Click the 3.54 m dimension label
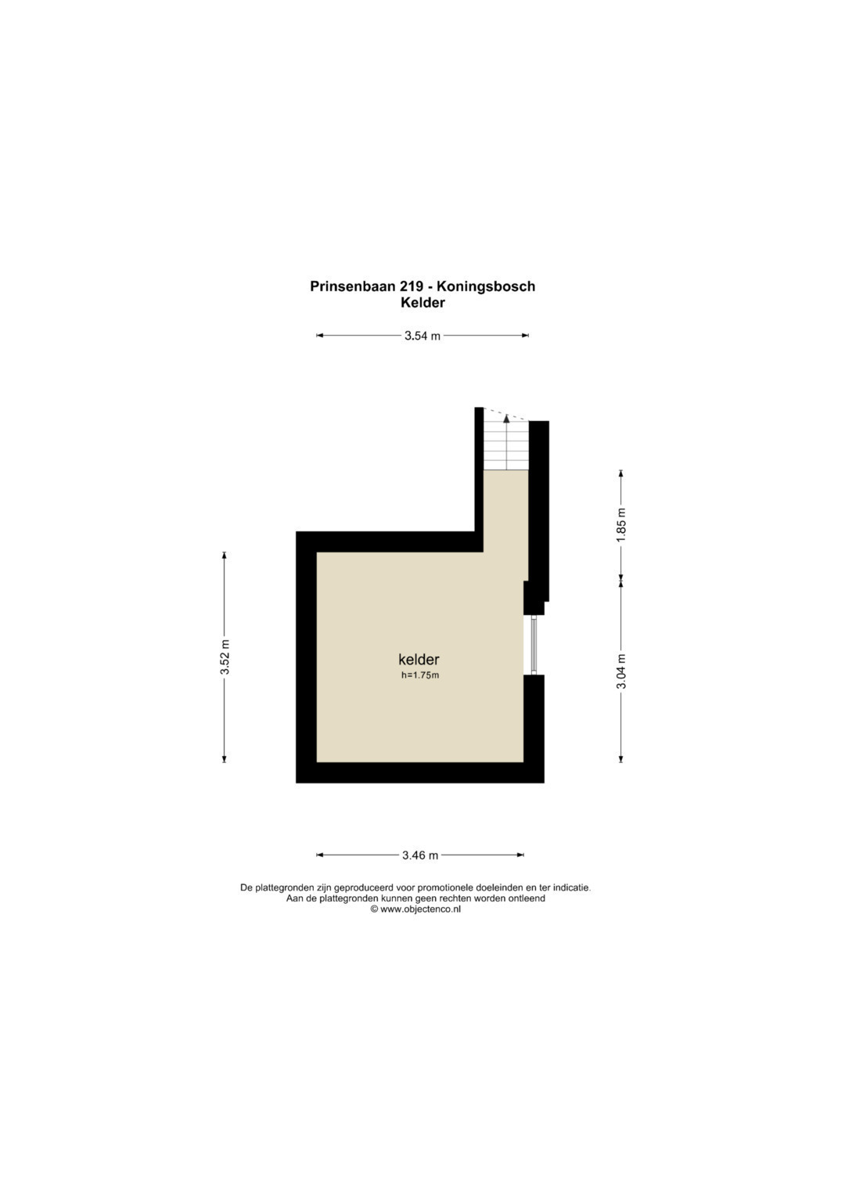422,336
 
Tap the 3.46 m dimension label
420,855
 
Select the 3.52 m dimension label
225,657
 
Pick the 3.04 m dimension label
621,671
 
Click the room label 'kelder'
419,659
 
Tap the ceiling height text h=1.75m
420,675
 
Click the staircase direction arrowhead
506,419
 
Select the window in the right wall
534,645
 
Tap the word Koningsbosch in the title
485,287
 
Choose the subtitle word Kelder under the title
422,303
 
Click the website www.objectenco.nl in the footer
420,909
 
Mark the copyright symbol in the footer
374,909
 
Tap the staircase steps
505,445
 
